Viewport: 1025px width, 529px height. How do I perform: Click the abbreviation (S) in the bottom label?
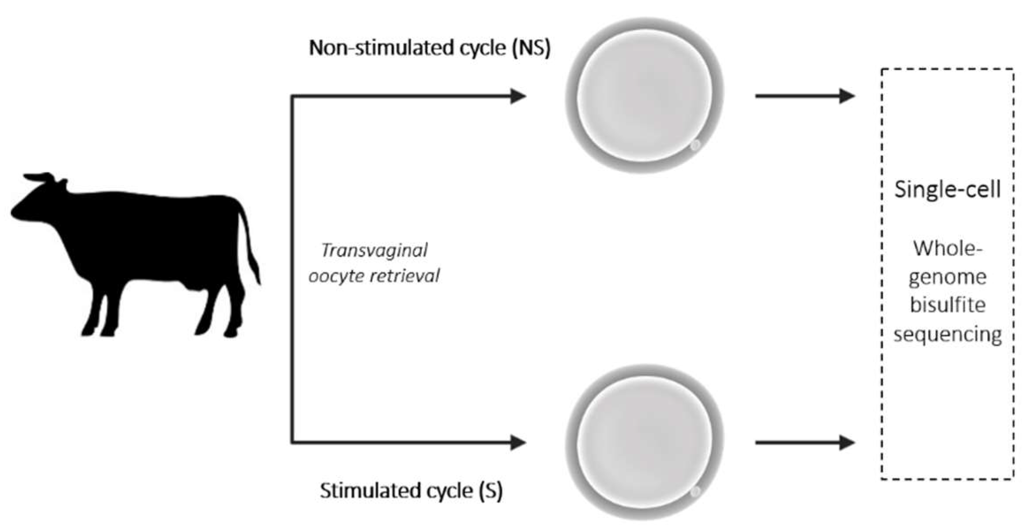click(x=491, y=491)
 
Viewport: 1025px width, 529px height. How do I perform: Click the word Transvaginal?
click(x=374, y=251)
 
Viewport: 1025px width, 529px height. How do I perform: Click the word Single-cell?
click(x=947, y=190)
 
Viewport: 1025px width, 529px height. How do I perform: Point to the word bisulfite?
click(x=947, y=305)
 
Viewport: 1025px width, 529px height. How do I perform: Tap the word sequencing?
click(x=947, y=334)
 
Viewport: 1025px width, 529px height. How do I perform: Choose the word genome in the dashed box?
click(x=947, y=278)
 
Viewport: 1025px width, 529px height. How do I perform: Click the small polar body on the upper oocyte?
click(x=695, y=145)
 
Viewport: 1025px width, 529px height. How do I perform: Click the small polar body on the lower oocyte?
click(x=695, y=491)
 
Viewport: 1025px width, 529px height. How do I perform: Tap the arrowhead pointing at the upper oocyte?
click(x=518, y=96)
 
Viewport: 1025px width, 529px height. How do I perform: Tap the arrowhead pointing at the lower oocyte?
click(x=518, y=442)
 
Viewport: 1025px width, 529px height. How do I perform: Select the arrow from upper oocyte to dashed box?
click(x=804, y=96)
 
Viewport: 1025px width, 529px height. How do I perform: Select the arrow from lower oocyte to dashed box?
click(x=804, y=442)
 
